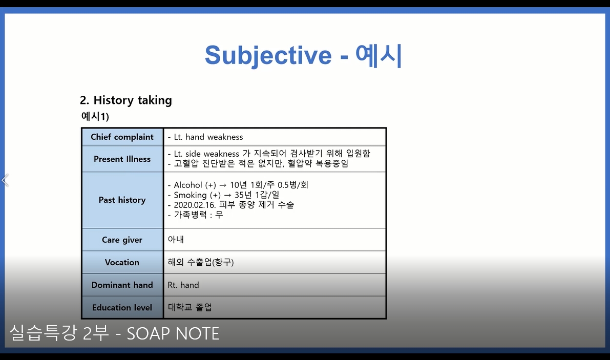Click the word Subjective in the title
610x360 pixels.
tap(268, 55)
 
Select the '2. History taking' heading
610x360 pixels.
tap(126, 100)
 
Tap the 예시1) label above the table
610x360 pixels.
tap(95, 117)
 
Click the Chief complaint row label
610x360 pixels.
tap(122, 137)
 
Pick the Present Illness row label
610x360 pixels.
tap(122, 159)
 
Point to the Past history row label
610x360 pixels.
tap(122, 200)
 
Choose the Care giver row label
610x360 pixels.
tap(122, 240)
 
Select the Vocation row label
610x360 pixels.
tap(122, 262)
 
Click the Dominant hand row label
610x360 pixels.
tap(122, 285)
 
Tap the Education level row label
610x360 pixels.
tap(122, 307)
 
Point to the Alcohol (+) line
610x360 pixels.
tap(238, 185)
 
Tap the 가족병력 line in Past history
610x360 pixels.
tap(195, 215)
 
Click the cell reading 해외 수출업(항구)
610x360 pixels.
tap(201, 262)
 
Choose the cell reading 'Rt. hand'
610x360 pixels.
tap(183, 285)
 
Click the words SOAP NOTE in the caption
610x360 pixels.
tap(173, 334)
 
